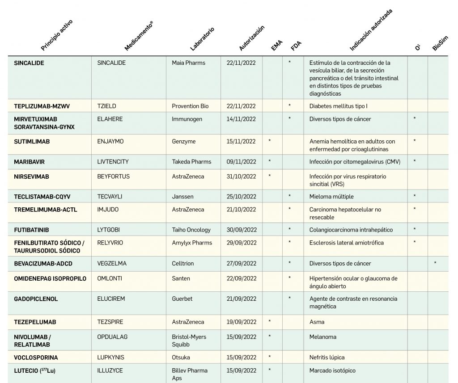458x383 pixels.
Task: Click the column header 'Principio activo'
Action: coord(56,35)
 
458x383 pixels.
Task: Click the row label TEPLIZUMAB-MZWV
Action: coord(42,106)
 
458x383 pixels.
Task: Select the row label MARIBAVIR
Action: coord(30,162)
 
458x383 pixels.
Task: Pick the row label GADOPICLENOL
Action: coord(36,299)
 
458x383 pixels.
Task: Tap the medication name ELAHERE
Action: coord(110,119)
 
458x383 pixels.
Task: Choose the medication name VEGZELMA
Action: coord(112,264)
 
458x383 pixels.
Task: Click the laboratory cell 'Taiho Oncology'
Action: coord(191,230)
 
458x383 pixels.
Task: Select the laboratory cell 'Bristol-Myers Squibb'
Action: coord(189,341)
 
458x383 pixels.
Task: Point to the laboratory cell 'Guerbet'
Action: coord(182,299)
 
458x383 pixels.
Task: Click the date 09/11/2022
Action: coord(241,162)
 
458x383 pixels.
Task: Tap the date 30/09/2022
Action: coord(241,230)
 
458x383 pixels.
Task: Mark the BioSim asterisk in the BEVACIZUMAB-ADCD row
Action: coord(435,263)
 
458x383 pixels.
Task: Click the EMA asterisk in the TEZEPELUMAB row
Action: coord(269,322)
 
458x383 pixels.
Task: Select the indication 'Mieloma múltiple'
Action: coord(331,197)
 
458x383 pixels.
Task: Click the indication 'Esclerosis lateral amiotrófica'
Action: coord(347,243)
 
